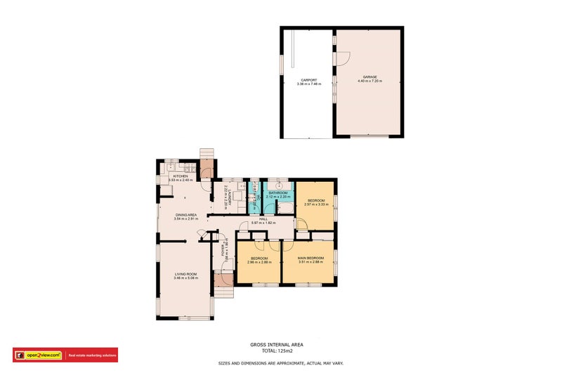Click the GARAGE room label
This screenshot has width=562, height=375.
[x=370, y=77]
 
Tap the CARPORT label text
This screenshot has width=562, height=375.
[x=308, y=80]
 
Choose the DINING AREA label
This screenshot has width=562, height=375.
[x=185, y=215]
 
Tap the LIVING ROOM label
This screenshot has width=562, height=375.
[x=185, y=274]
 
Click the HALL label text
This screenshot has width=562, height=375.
[x=263, y=219]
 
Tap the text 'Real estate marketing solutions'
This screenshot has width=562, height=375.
[x=91, y=355]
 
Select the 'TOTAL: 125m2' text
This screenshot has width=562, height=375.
[x=280, y=350]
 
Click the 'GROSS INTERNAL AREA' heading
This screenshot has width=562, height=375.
[x=280, y=345]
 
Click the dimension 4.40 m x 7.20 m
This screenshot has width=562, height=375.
[x=370, y=81]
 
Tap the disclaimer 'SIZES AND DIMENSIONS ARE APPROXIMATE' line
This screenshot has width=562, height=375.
[x=280, y=363]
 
